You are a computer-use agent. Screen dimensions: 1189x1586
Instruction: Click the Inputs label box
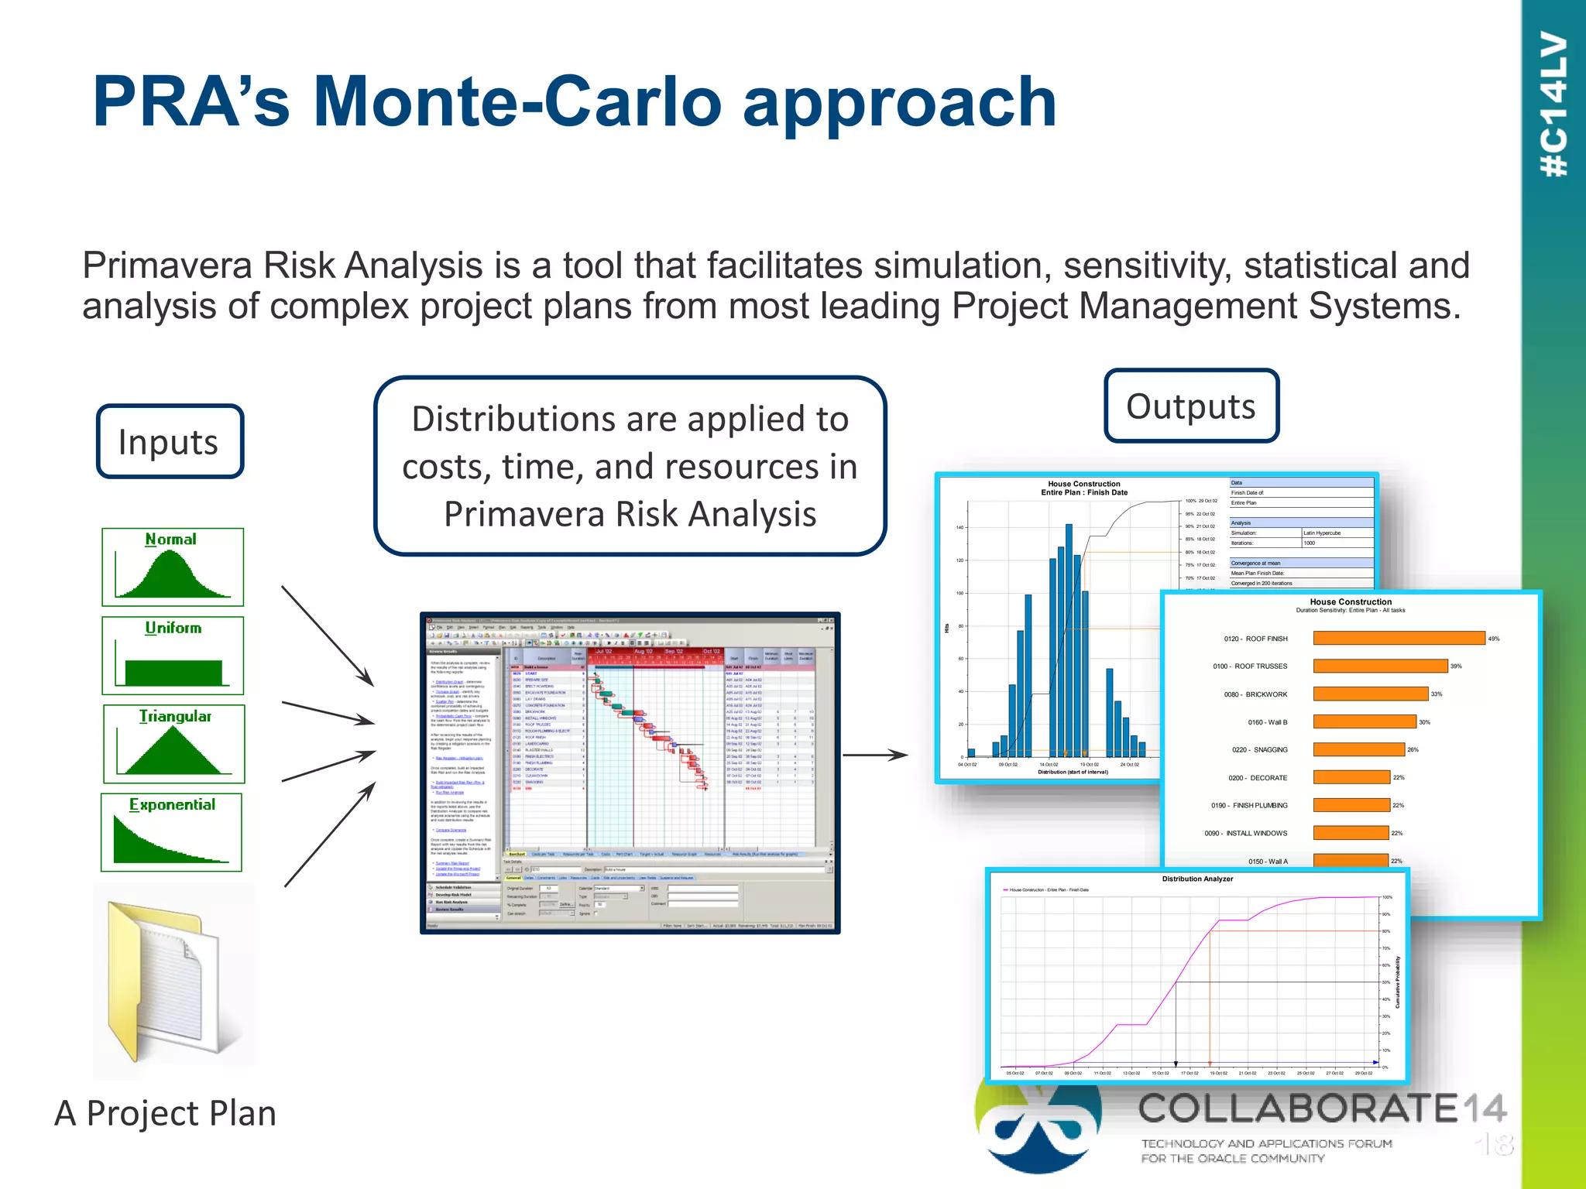[x=170, y=441]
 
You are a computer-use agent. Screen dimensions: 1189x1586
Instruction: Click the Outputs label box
[x=1191, y=406]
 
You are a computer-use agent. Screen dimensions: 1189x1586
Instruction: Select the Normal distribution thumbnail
[x=173, y=567]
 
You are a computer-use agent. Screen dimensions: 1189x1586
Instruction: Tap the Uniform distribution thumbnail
[x=173, y=656]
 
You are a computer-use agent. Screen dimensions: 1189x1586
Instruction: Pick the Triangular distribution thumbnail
[x=174, y=744]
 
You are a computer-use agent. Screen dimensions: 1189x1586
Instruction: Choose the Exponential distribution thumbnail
[x=172, y=832]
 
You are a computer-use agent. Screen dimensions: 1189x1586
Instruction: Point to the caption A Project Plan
[x=165, y=1113]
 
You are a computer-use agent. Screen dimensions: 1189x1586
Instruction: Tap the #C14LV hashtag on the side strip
[x=1553, y=105]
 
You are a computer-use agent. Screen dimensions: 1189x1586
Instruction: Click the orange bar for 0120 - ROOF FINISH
[x=1399, y=638]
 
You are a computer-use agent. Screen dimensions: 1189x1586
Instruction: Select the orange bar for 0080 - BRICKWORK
[x=1370, y=694]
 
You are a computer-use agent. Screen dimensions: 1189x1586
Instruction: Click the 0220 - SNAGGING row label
[x=1259, y=749]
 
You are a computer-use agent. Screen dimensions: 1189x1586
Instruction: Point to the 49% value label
[x=1494, y=639]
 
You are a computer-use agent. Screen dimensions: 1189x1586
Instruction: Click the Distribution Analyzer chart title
[x=1197, y=879]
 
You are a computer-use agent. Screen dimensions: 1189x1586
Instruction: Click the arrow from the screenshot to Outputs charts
[x=874, y=755]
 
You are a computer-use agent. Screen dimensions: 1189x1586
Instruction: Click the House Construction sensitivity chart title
[x=1351, y=601]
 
